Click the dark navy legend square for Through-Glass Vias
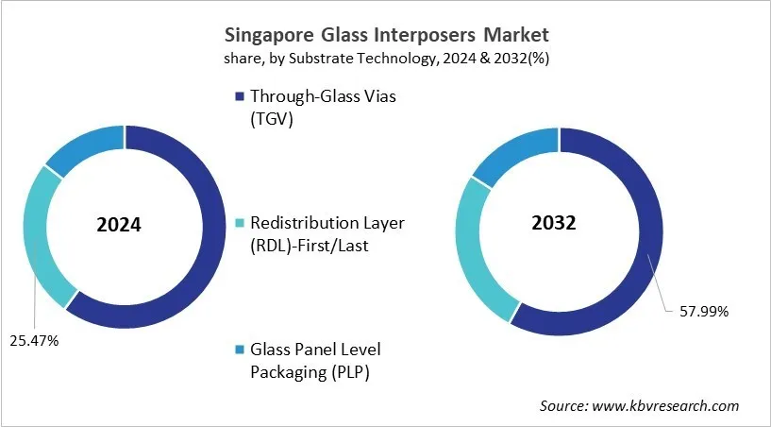[239, 95]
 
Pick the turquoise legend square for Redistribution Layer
[239, 222]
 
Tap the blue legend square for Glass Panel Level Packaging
[239, 349]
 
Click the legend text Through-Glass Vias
[320, 95]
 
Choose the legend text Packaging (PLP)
[309, 371]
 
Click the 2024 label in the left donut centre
[119, 227]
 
